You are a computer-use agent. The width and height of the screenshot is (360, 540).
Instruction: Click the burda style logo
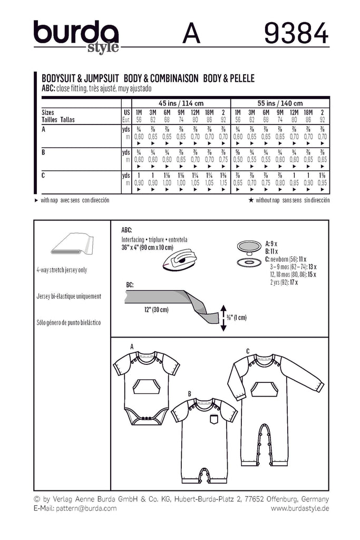click(x=76, y=36)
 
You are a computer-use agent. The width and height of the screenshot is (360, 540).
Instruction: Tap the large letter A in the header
click(x=192, y=34)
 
